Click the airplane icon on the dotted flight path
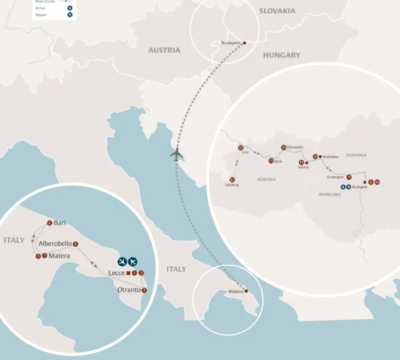point(177,155)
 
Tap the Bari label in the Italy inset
point(60,223)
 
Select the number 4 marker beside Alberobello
point(75,243)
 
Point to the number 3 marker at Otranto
point(144,290)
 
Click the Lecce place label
point(117,273)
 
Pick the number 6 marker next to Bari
point(50,223)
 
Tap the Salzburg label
point(232,185)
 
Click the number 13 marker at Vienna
point(301,162)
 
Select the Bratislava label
point(330,156)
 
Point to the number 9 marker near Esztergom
point(349,177)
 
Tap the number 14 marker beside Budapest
point(377,182)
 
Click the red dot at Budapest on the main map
point(244,42)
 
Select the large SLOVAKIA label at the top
point(277,11)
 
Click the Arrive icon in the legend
point(70,8)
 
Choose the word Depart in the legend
point(54,15)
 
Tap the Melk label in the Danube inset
point(278,161)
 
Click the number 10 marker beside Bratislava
point(315,156)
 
